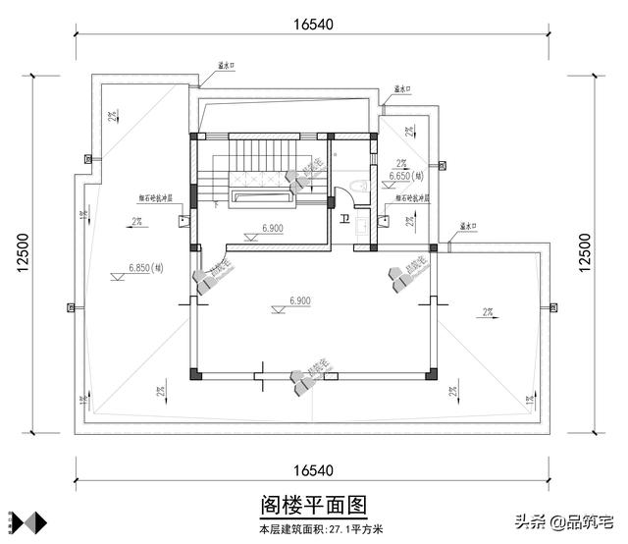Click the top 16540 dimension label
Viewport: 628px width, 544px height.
point(312,21)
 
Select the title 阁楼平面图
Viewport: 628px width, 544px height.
point(313,505)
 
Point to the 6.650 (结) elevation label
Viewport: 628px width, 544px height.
point(406,177)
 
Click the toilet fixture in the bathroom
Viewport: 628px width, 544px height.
point(359,188)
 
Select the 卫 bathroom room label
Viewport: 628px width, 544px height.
point(342,219)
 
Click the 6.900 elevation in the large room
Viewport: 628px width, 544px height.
point(300,299)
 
